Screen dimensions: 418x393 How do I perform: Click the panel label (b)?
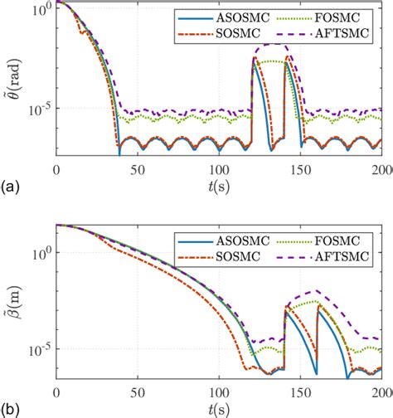pos(12,409)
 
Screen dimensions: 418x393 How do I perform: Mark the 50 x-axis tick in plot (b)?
pos(138,393)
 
